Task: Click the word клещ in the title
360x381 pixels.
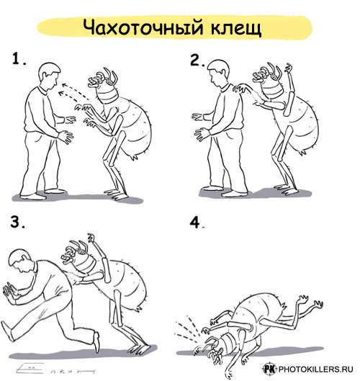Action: [236, 28]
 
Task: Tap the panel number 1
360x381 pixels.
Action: [19, 59]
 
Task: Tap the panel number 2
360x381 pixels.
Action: [197, 60]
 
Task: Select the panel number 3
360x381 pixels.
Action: [18, 222]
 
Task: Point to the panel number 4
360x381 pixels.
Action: [197, 223]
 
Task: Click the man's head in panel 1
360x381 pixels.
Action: [49, 76]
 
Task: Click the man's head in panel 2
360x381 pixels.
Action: [219, 72]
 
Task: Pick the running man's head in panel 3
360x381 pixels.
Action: [21, 259]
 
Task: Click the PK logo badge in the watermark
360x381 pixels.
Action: [269, 369]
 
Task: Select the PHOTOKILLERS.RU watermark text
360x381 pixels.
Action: [315, 369]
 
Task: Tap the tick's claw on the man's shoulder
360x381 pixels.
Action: [241, 88]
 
